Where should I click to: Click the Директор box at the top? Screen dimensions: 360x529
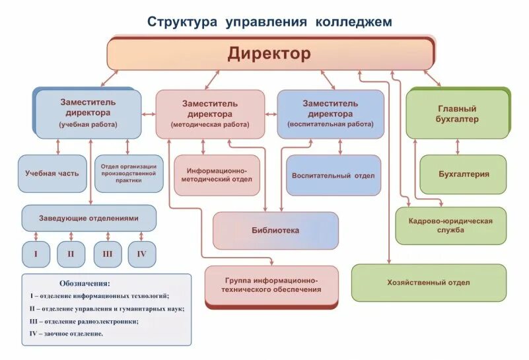point(269,53)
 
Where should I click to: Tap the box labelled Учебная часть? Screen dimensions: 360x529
point(52,174)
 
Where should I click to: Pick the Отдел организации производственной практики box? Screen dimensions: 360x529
point(129,174)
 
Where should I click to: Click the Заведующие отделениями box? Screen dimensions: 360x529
point(89,218)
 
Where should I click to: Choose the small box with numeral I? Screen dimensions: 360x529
point(36,254)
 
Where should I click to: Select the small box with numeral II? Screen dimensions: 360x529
point(71,254)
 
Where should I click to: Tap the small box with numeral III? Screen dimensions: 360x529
point(107,254)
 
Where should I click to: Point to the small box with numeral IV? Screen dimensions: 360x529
point(142,254)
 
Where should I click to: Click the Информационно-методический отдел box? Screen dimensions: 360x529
point(217,175)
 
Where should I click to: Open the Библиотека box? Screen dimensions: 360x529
point(275,231)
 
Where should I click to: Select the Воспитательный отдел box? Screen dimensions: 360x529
point(334,176)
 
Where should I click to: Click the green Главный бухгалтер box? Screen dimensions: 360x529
point(457,114)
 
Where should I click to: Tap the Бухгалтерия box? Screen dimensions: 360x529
point(464,174)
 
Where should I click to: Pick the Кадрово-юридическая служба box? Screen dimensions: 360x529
point(451,225)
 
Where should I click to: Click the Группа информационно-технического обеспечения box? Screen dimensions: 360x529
point(271,285)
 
